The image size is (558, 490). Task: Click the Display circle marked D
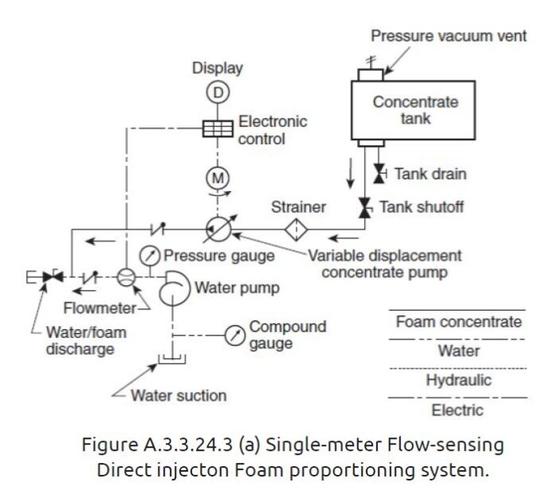218,93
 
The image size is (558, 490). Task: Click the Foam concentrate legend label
458,322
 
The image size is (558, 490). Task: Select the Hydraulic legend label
458,381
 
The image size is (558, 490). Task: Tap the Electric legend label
458,410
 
